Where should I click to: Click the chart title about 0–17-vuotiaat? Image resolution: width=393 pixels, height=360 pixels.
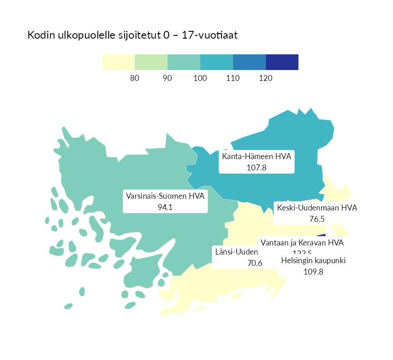pyautogui.click(x=132, y=35)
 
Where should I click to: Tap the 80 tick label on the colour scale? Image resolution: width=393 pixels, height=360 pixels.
pyautogui.click(x=135, y=78)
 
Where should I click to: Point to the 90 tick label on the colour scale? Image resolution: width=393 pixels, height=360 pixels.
pyautogui.click(x=167, y=78)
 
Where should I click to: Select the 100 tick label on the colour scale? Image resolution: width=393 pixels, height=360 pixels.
pyautogui.click(x=200, y=78)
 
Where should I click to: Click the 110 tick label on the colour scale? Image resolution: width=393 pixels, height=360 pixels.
pyautogui.click(x=233, y=78)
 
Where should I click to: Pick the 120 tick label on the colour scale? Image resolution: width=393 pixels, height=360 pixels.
pyautogui.click(x=266, y=78)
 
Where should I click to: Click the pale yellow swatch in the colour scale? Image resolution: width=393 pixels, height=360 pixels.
pyautogui.click(x=118, y=62)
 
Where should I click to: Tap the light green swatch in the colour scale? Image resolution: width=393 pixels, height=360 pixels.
pyautogui.click(x=151, y=62)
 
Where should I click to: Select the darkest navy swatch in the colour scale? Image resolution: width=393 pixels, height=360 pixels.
pyautogui.click(x=282, y=62)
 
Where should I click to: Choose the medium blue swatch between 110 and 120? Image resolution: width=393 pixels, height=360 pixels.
pyautogui.click(x=249, y=62)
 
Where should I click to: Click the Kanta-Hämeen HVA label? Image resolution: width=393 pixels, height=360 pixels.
pyautogui.click(x=257, y=157)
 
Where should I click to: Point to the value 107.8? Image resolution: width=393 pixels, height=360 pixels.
pyautogui.click(x=257, y=168)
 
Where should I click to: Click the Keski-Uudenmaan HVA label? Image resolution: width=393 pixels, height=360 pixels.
pyautogui.click(x=317, y=208)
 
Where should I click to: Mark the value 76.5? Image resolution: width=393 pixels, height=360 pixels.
pyautogui.click(x=317, y=219)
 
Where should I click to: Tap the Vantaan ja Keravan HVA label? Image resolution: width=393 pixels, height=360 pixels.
pyautogui.click(x=302, y=243)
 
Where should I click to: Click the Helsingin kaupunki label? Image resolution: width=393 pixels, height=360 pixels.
pyautogui.click(x=314, y=261)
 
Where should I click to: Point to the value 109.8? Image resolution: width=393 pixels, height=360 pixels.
pyautogui.click(x=313, y=272)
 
